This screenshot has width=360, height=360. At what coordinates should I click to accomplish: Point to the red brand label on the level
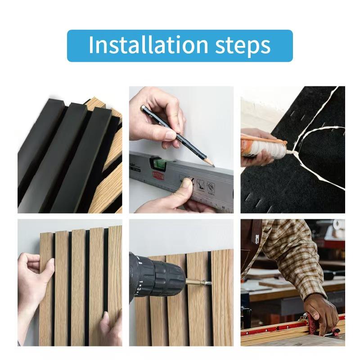[158, 176]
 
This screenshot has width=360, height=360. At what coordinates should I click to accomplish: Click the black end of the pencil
[144, 108]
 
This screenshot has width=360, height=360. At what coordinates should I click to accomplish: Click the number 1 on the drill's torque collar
[141, 282]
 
